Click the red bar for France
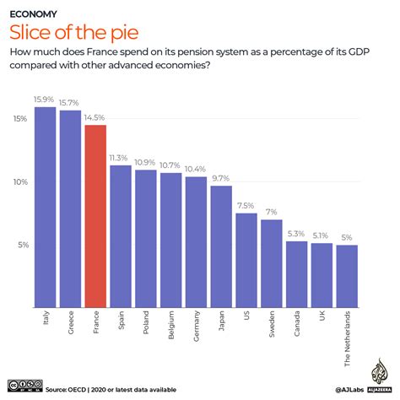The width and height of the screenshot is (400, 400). tap(95, 215)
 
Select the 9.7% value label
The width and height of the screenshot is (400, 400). tap(221, 179)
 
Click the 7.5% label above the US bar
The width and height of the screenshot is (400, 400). tap(246, 206)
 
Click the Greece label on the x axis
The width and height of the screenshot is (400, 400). tap(70, 326)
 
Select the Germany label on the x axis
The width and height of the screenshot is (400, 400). tap(196, 330)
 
